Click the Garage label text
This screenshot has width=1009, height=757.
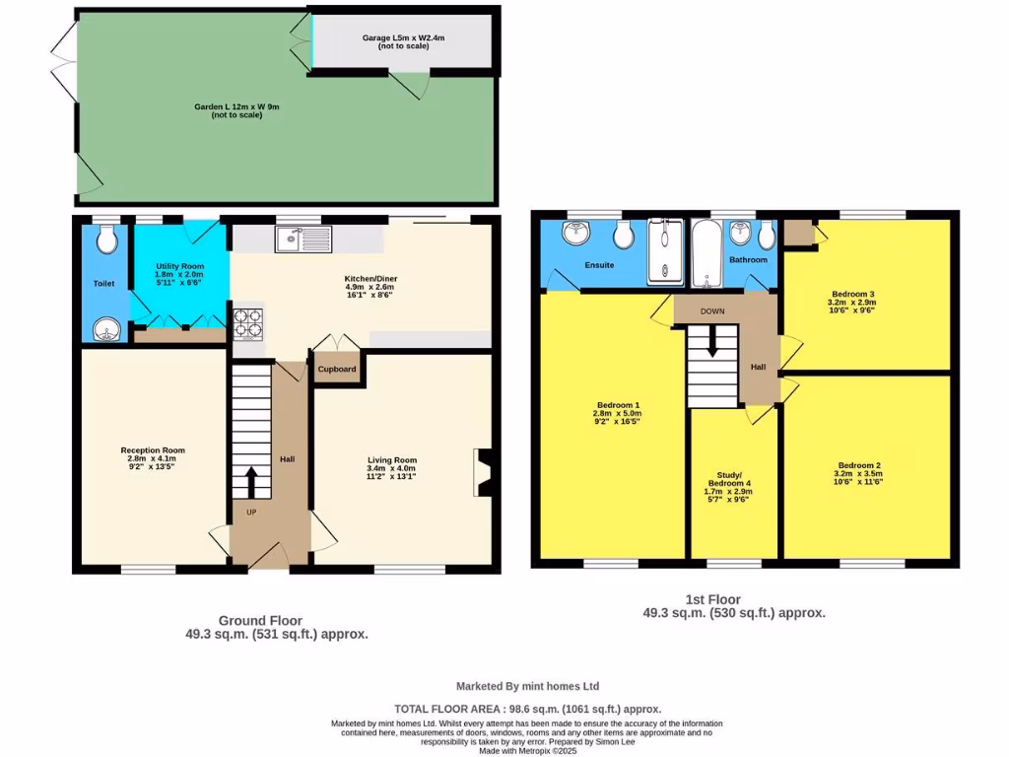[403, 37]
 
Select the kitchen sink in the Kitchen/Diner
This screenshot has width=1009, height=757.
[304, 238]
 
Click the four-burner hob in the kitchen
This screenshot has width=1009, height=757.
[247, 324]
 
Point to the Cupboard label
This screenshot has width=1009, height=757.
[336, 370]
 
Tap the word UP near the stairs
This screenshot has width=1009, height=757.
[251, 513]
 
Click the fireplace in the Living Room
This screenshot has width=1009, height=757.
[482, 472]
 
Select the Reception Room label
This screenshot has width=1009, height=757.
[153, 450]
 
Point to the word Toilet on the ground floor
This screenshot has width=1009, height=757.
[103, 283]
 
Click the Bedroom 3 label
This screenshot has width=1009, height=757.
[853, 294]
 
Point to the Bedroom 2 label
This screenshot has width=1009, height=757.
[859, 465]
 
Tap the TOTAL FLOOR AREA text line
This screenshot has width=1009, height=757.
[527, 709]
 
